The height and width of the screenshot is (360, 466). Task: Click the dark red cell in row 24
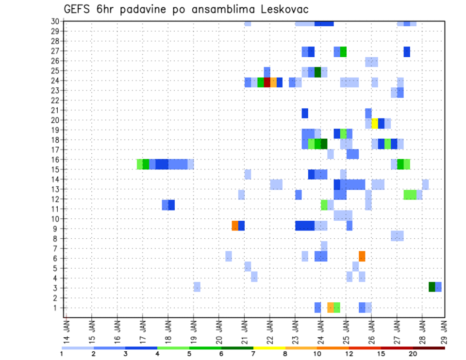tap(267, 82)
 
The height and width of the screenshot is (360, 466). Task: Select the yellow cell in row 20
tap(375, 123)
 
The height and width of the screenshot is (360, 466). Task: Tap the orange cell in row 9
tap(235, 226)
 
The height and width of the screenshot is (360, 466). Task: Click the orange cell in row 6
tap(362, 256)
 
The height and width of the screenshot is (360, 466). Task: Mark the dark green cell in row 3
tap(432, 287)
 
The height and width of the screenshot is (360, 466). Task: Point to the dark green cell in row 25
tap(317, 72)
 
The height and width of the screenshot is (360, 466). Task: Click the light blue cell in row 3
tap(197, 287)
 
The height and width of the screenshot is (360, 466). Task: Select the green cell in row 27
tap(343, 51)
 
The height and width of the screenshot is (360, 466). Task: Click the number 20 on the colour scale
tap(413, 354)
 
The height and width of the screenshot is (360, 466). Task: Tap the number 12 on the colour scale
tap(349, 354)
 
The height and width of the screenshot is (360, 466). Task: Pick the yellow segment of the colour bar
tap(269, 347)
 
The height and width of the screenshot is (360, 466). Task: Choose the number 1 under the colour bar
tap(62, 354)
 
